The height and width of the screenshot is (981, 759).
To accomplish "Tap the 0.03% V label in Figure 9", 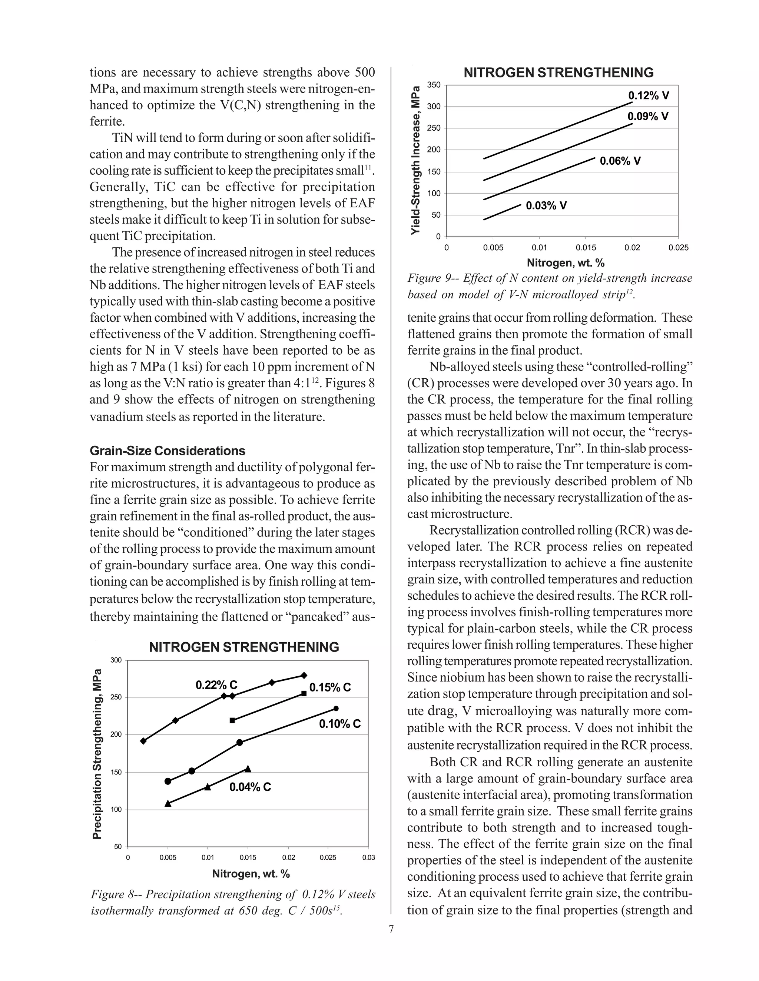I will (x=546, y=206).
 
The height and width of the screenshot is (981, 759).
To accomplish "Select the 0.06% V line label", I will (x=620, y=161).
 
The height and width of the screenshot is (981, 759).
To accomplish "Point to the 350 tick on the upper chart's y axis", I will (x=434, y=85).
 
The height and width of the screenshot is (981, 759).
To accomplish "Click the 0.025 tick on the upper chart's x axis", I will (x=678, y=248).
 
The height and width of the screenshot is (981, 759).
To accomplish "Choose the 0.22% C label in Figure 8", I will (x=216, y=685).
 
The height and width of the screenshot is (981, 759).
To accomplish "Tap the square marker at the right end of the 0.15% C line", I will (x=304, y=693).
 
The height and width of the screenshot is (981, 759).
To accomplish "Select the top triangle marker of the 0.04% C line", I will (x=248, y=769).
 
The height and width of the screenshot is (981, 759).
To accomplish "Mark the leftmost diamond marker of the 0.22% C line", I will (x=143, y=741).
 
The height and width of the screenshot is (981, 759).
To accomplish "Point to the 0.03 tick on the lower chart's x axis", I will (x=368, y=857).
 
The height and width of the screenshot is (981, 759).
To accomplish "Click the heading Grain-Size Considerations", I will (x=168, y=451).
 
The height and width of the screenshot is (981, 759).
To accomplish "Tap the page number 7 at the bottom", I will (x=391, y=929).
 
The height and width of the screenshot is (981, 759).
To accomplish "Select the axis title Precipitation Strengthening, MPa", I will (x=97, y=754).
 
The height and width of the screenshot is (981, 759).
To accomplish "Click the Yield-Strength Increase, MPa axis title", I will (x=416, y=160).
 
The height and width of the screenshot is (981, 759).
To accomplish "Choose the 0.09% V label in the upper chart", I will (x=648, y=117).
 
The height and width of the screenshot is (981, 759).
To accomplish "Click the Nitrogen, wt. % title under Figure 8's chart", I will (x=251, y=874).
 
